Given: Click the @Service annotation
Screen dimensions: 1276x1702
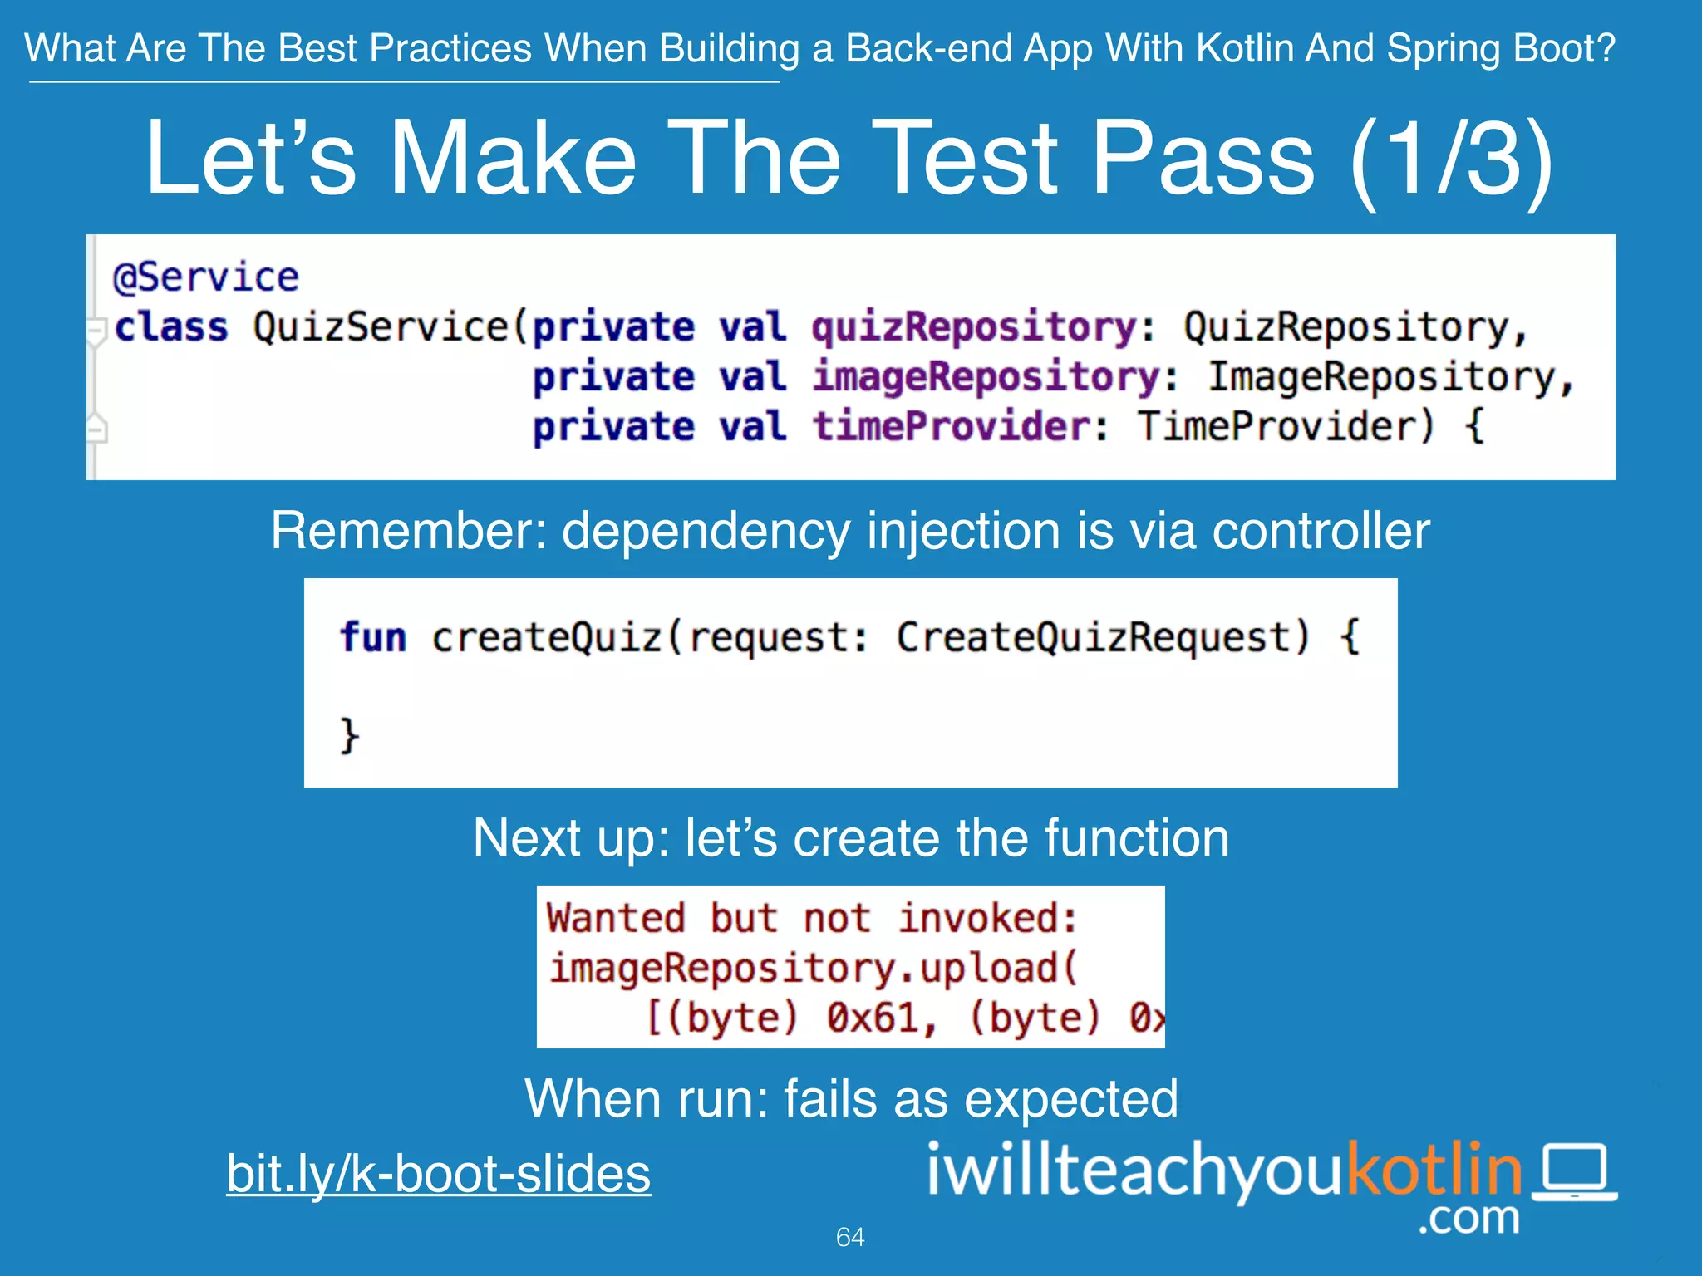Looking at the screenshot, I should [x=205, y=277].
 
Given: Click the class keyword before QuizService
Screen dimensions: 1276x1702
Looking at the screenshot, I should [x=170, y=326].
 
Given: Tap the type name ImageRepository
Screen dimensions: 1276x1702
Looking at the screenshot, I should [x=1380, y=376].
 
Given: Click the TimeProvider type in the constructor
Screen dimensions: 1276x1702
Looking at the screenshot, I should [x=1284, y=426].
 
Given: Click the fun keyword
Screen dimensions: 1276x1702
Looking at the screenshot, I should [x=373, y=637].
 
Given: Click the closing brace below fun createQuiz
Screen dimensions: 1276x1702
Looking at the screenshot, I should [x=349, y=735].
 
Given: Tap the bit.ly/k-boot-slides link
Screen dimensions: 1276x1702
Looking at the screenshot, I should [x=439, y=1173].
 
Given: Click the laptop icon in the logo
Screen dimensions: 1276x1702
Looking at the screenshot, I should [x=1574, y=1171].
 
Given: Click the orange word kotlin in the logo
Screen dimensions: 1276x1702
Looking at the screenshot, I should [x=1433, y=1170].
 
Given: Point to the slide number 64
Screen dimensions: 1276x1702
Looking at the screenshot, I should [x=850, y=1237].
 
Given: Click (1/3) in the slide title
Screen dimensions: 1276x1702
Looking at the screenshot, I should [x=1450, y=158].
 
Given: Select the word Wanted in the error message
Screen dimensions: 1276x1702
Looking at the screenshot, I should [x=616, y=918].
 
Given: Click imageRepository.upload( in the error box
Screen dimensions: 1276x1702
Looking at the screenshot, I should [x=813, y=969].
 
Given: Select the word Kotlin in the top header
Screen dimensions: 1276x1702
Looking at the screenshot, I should [x=1245, y=48].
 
